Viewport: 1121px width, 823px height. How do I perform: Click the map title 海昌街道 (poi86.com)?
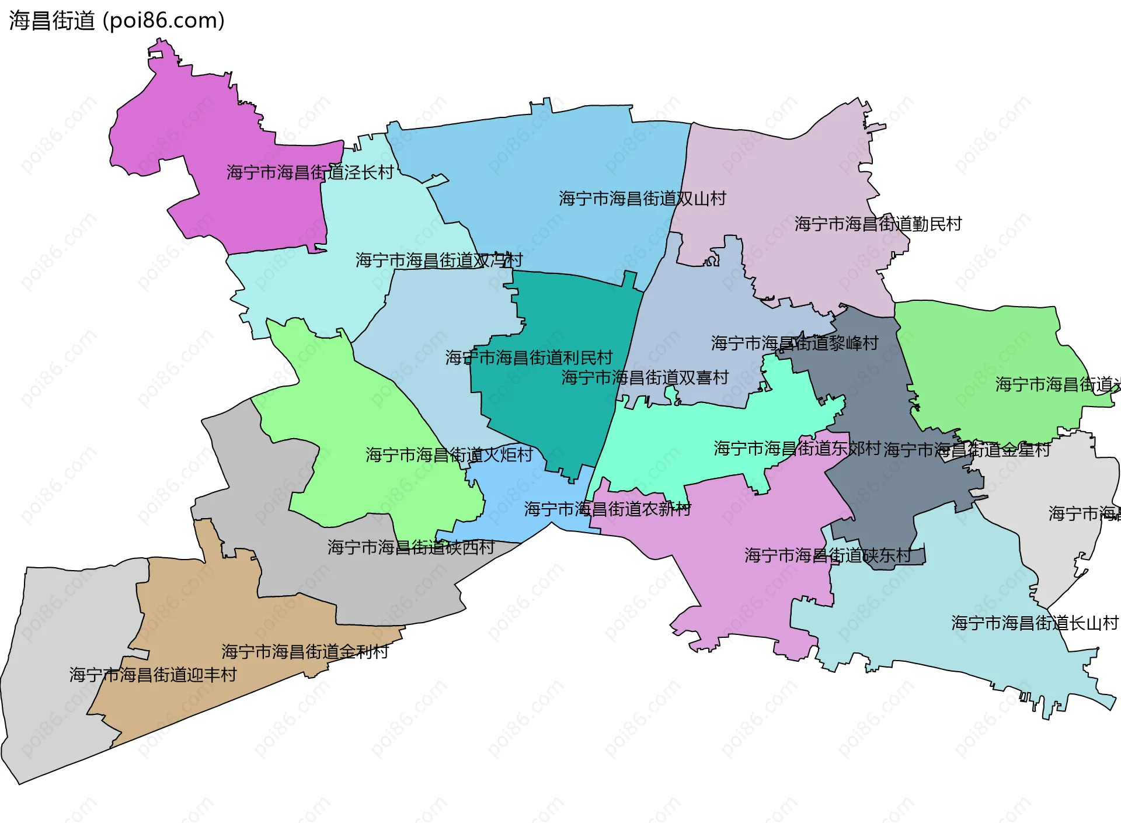[117, 21]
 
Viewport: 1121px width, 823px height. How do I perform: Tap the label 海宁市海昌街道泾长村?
[310, 172]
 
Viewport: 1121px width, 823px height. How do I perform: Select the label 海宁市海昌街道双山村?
[642, 199]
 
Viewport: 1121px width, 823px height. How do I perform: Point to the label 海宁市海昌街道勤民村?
[878, 224]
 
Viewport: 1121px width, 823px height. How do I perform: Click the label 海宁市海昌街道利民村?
[528, 357]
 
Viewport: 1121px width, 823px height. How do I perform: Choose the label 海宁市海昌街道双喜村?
[645, 377]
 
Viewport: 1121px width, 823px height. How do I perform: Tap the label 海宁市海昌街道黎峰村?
[794, 343]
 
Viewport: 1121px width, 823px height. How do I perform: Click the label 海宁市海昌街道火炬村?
[449, 454]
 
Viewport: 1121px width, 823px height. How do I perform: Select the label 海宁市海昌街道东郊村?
[796, 448]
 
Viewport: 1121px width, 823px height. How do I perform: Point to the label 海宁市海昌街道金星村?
[966, 449]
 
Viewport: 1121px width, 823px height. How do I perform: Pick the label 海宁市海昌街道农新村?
[607, 509]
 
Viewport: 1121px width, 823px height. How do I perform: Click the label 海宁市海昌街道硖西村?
[410, 547]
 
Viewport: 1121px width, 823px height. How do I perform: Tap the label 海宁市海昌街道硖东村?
[827, 555]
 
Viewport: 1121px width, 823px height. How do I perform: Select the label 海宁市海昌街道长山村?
[1035, 623]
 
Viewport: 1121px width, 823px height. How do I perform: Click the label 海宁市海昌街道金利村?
[305, 651]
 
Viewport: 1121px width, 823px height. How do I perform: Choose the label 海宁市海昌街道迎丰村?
[153, 675]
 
